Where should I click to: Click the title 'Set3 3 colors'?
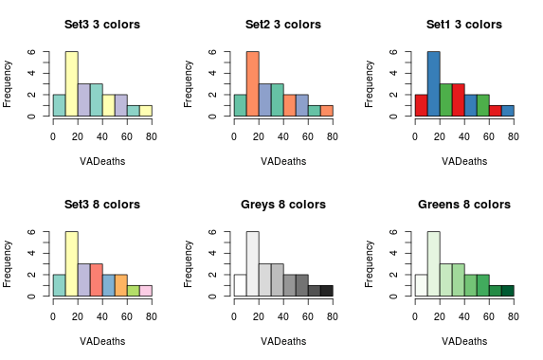coord(101,24)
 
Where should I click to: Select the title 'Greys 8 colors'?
coord(282,204)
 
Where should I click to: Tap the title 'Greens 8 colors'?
coord(463,204)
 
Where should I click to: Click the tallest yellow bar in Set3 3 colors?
coord(71,85)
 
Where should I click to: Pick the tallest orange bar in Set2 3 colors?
coord(252,85)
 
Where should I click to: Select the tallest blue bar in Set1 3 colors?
coord(433,85)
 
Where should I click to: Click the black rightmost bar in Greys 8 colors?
coord(326,291)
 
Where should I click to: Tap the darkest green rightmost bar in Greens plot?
coord(507,291)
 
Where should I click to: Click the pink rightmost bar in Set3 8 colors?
coord(145,291)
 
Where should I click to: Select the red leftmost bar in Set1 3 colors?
coord(421,105)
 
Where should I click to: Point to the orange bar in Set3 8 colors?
coord(120,285)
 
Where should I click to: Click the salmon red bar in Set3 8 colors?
coord(96,280)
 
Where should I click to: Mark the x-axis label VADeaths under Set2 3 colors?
coord(282,161)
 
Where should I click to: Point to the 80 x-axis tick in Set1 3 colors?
coord(513,135)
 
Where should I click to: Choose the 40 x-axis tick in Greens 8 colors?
coord(463,315)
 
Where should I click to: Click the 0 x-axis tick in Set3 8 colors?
coord(53,315)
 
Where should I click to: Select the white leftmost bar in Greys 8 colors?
coord(240,285)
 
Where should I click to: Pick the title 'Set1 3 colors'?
coord(463,24)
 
